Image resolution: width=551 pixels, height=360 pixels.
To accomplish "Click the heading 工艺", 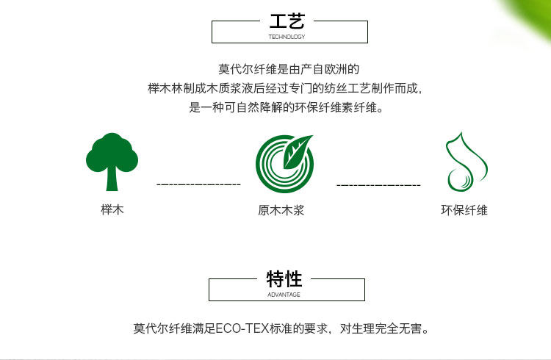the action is point(287,21).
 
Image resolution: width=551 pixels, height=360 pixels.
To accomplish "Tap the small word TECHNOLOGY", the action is point(287,36).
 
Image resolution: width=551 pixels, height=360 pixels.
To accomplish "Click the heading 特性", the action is point(284,279).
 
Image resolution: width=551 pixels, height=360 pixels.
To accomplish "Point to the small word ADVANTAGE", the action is point(284,295).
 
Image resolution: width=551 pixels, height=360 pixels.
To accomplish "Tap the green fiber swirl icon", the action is point(464,163).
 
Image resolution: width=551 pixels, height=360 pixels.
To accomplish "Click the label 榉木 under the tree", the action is point(112,210).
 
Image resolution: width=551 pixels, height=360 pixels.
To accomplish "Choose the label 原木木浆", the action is point(281,210).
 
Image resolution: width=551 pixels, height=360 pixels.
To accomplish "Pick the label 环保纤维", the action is point(464,210).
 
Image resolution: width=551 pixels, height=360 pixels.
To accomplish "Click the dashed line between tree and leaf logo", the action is point(198,184).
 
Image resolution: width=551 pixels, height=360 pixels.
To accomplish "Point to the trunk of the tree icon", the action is point(112,179).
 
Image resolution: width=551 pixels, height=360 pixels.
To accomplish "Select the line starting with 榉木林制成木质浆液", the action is point(284,89).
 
